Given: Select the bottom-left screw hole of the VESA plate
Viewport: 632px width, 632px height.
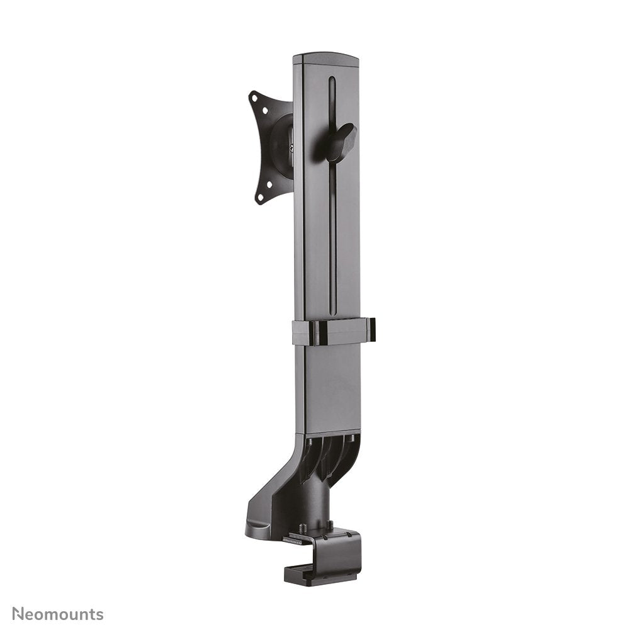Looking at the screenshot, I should pos(259,198).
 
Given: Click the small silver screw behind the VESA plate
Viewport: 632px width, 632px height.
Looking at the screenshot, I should pos(291,149).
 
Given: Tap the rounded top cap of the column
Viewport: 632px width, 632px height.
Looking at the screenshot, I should pos(325,59).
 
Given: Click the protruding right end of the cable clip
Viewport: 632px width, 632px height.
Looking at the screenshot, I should pos(372,330).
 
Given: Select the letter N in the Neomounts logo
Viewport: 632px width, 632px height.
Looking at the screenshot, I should pos(18,614).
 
